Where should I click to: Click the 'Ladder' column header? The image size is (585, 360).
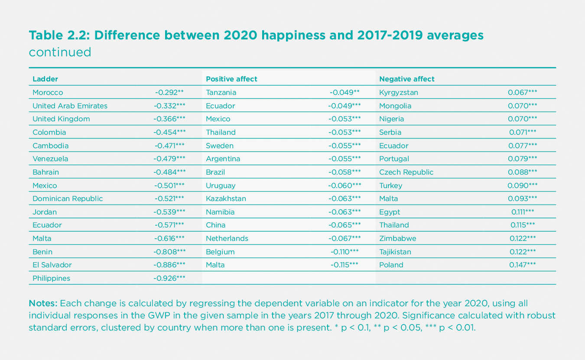[x=45, y=79]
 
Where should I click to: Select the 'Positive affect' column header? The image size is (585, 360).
[x=231, y=79]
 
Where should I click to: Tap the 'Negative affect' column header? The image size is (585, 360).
[x=406, y=79]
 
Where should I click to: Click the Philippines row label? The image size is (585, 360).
[x=51, y=278]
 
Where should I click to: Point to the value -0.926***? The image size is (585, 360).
[x=169, y=278]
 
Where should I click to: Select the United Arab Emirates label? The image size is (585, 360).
[x=70, y=106]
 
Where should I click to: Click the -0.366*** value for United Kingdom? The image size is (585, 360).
[x=169, y=119]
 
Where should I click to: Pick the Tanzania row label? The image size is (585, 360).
[x=221, y=92]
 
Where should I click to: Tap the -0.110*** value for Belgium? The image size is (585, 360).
[x=344, y=252]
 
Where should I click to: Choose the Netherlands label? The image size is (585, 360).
[x=227, y=238]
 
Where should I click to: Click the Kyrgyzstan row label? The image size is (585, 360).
[x=399, y=92]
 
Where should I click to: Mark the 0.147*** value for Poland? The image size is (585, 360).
[x=522, y=265]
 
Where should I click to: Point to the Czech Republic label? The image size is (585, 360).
[x=406, y=172]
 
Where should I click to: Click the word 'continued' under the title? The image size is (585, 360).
[x=60, y=52]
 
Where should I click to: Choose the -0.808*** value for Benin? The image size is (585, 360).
[x=169, y=252]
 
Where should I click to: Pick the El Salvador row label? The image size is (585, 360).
[x=52, y=265]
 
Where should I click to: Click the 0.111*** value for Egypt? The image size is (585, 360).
[x=523, y=212]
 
